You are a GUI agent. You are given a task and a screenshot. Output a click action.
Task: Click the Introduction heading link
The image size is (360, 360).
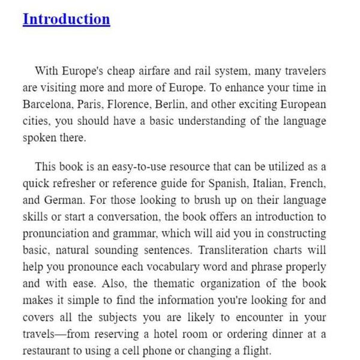pos(66,19)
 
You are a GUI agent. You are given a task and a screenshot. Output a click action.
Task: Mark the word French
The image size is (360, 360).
pos(305,183)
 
